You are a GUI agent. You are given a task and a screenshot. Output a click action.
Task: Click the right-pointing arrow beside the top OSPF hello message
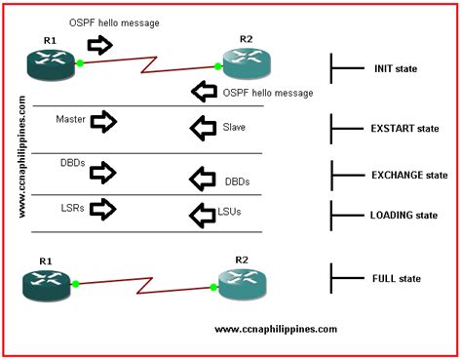coord(100,44)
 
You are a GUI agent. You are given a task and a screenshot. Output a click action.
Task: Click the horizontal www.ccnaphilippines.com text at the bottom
coord(275,329)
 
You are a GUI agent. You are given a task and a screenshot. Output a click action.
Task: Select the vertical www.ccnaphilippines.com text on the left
coord(21,155)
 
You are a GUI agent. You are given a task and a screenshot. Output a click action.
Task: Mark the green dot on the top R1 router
coord(79,63)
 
